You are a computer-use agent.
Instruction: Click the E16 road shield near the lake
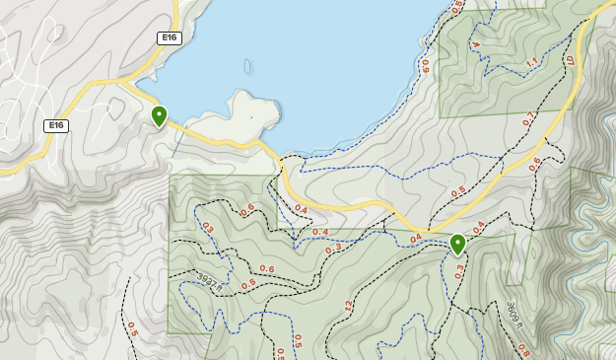click(x=169, y=37)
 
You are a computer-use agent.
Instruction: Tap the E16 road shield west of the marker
click(x=56, y=125)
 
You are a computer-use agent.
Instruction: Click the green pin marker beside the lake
click(x=159, y=116)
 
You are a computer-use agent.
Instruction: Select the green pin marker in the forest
click(x=457, y=244)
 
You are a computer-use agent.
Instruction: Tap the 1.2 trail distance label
click(x=349, y=307)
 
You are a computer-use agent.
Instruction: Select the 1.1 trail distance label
click(x=532, y=63)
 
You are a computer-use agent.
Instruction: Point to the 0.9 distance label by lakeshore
click(x=426, y=66)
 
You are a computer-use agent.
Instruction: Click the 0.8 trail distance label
click(x=522, y=350)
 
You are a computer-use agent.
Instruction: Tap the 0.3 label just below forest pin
click(x=459, y=271)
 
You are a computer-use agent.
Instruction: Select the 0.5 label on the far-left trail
click(x=132, y=330)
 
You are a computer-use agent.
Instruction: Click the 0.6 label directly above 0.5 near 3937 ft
click(x=266, y=269)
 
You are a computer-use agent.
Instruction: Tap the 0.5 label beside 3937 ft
click(x=248, y=284)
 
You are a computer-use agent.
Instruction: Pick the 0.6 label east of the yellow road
click(x=535, y=165)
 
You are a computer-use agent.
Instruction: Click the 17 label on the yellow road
click(x=570, y=60)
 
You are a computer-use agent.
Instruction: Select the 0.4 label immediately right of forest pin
click(x=478, y=228)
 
